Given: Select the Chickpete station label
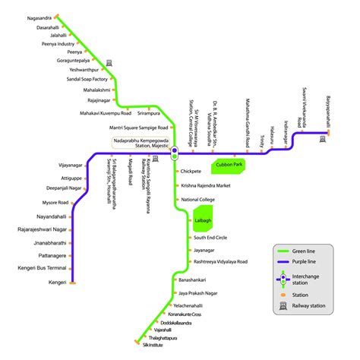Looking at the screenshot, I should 191,172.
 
